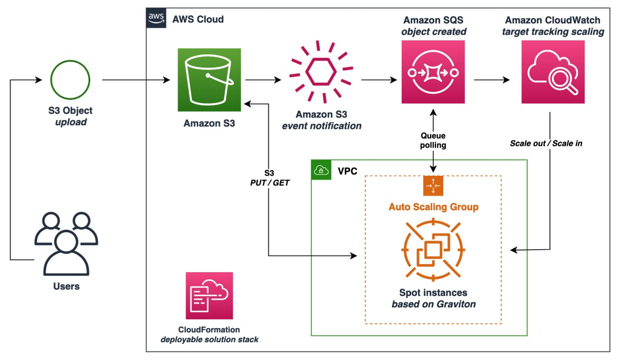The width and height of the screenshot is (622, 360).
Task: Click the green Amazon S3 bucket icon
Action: click(209, 80)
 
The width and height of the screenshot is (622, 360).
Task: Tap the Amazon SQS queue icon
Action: click(433, 72)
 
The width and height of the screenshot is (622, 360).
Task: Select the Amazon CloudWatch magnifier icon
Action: click(553, 72)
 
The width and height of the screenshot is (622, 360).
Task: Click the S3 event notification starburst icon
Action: click(321, 72)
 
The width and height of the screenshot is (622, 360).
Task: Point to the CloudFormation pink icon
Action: click(209, 295)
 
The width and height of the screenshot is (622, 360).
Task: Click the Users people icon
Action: click(66, 244)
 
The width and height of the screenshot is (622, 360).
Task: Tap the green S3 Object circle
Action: click(70, 80)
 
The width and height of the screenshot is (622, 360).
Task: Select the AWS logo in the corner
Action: click(156, 18)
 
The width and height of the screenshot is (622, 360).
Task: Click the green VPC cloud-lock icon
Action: click(321, 170)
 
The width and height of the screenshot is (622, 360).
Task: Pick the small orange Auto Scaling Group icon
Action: click(433, 186)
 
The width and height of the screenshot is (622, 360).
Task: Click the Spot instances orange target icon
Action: click(433, 250)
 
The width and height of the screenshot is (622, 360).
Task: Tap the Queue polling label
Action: click(433, 141)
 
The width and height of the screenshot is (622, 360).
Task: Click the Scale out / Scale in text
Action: click(546, 143)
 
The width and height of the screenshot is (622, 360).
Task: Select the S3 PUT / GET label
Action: click(270, 178)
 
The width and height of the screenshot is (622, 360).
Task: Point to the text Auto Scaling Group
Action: click(433, 207)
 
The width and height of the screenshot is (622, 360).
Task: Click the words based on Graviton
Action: click(433, 304)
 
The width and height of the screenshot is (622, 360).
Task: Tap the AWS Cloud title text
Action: click(198, 19)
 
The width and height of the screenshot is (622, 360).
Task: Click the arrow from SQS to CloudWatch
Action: click(491, 80)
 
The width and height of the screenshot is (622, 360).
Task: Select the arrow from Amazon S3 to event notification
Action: click(263, 80)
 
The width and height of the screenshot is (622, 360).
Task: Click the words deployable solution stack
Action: click(209, 340)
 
